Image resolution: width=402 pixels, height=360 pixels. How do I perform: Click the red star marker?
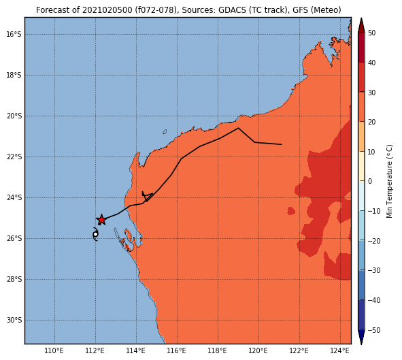pyautogui.click(x=101, y=220)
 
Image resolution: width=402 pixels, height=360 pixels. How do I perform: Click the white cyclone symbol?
pyautogui.click(x=95, y=234)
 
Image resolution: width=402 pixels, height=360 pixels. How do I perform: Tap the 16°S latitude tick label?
pyautogui.click(x=14, y=34)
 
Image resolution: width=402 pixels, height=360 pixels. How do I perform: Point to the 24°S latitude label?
pyautogui.click(x=14, y=197)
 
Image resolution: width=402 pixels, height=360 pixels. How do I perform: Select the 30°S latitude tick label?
pyautogui.click(x=14, y=321)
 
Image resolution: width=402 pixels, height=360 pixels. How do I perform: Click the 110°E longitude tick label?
pyautogui.click(x=54, y=350)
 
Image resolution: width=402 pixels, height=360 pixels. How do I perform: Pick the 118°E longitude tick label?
pyautogui.click(x=218, y=350)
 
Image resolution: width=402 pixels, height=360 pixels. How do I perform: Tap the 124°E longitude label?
pyautogui.click(x=340, y=350)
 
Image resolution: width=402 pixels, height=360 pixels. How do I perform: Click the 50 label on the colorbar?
pyautogui.click(x=371, y=33)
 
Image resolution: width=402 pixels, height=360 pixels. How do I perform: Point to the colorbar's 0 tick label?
pyautogui.click(x=370, y=181)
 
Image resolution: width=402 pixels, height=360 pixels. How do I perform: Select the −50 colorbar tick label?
pyautogui.click(x=374, y=330)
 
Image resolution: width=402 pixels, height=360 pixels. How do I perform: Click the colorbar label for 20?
pyautogui.click(x=371, y=122)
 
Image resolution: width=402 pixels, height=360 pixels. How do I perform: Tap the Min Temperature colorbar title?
pyautogui.click(x=389, y=181)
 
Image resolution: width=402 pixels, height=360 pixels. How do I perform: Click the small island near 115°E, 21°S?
pyautogui.click(x=165, y=132)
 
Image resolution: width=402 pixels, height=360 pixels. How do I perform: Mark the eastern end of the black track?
pyautogui.click(x=282, y=144)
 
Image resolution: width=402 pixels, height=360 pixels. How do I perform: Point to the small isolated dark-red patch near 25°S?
pyautogui.click(x=291, y=211)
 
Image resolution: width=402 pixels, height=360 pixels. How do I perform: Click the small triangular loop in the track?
pyautogui.click(x=147, y=196)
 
